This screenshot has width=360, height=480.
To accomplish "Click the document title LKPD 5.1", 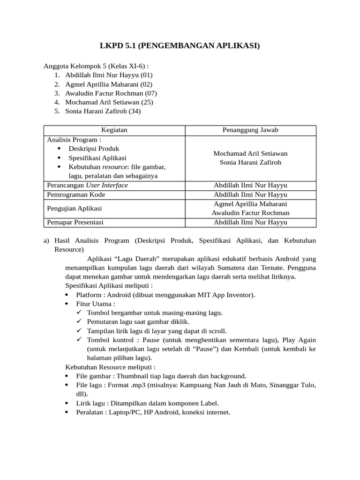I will (x=180, y=45).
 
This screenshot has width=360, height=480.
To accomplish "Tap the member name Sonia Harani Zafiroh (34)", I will (x=103, y=111).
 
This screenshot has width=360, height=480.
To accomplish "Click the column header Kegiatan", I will (x=114, y=130).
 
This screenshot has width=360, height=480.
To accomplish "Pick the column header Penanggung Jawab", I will (x=250, y=130).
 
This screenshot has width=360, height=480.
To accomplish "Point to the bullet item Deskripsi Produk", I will (x=94, y=149).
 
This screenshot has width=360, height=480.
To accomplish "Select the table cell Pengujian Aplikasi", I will (x=75, y=208).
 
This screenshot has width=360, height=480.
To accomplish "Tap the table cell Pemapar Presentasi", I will (x=75, y=222).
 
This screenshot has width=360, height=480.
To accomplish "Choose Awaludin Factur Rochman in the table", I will (x=250, y=213).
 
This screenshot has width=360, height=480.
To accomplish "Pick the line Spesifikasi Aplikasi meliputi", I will (x=109, y=285).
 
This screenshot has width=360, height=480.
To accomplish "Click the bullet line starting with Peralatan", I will (x=153, y=412).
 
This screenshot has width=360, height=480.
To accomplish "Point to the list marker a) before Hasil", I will (x=46, y=240).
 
